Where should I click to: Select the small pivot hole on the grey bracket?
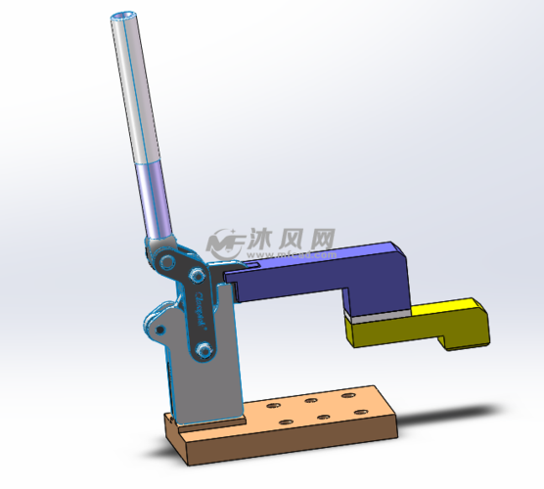[x=158, y=333]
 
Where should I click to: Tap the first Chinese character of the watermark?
[x=263, y=239]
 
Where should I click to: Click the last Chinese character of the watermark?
[x=324, y=239]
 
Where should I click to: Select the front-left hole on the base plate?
[x=287, y=421]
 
